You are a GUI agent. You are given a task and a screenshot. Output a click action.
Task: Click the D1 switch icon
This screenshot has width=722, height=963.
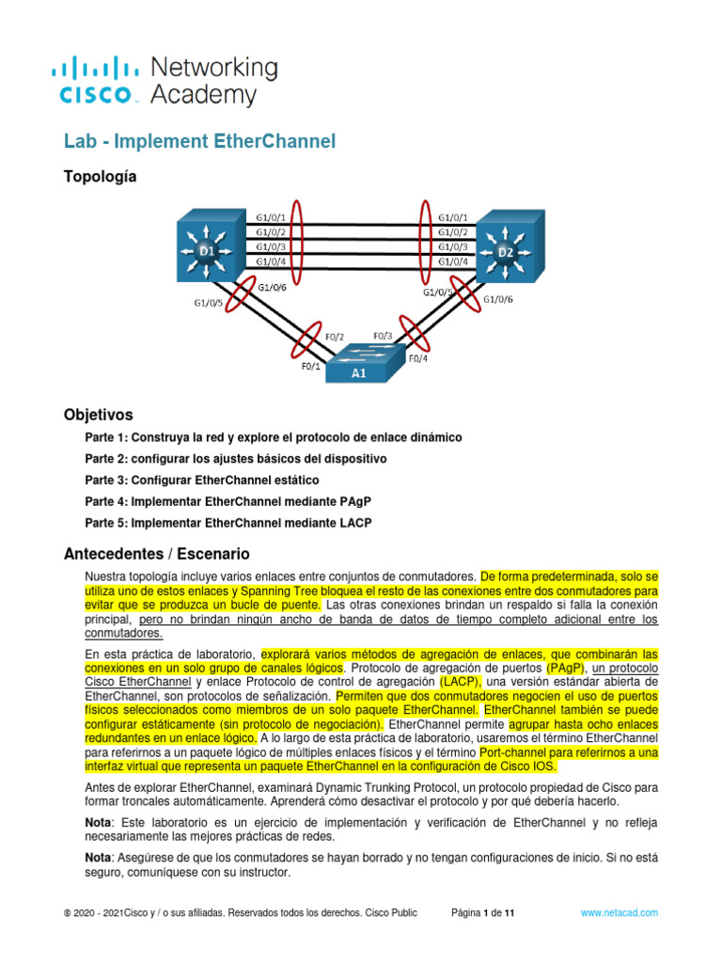click(x=208, y=251)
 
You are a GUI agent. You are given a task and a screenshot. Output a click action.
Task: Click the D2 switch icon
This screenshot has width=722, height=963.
click(x=508, y=251)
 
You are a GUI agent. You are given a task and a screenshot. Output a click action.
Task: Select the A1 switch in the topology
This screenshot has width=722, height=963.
click(x=359, y=361)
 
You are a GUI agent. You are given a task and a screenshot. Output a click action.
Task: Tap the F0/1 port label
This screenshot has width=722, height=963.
click(x=310, y=368)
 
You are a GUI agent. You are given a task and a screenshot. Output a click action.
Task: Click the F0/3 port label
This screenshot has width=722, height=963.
click(x=385, y=335)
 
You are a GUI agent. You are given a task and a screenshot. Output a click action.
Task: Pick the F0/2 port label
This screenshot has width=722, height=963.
click(x=335, y=335)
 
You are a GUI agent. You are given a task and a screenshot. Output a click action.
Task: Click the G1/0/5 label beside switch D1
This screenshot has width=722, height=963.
click(x=209, y=303)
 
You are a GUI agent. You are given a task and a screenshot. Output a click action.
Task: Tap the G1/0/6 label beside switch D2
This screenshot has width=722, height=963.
click(x=498, y=300)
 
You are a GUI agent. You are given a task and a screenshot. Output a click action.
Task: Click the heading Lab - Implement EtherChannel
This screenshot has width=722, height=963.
click(x=199, y=142)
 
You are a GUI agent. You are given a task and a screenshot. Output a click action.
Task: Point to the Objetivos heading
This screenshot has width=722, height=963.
click(x=99, y=415)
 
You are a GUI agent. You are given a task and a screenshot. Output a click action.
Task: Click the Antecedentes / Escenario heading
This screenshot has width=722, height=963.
click(x=156, y=554)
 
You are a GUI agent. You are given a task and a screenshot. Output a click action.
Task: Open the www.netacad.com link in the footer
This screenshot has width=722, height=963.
click(x=619, y=912)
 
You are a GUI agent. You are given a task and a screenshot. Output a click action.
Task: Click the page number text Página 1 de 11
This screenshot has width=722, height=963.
click(x=482, y=912)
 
